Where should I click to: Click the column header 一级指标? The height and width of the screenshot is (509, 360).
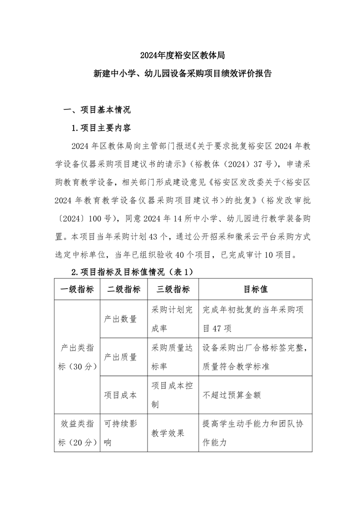pyautogui.click(x=77, y=289)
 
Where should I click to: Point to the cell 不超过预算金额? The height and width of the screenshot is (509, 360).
pyautogui.click(x=231, y=395)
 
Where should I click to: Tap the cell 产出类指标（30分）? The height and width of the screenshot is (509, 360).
pyautogui.click(x=77, y=357)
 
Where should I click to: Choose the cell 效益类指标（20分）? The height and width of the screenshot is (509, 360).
pyautogui.click(x=77, y=433)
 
